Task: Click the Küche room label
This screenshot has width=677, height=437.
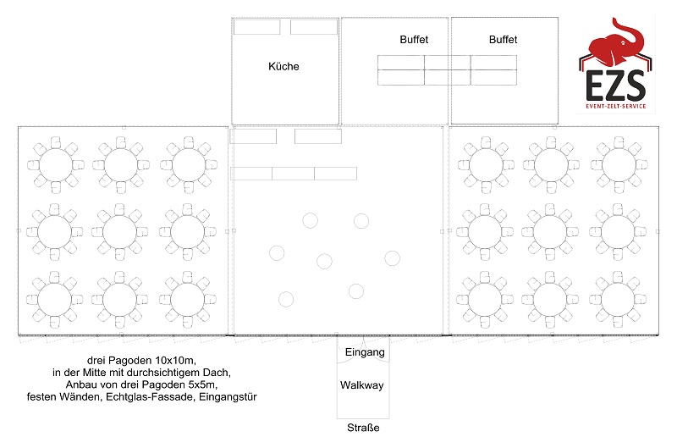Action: pyautogui.click(x=283, y=66)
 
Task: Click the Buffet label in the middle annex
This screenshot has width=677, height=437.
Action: pyautogui.click(x=414, y=39)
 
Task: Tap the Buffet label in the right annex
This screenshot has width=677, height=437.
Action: pyautogui.click(x=503, y=39)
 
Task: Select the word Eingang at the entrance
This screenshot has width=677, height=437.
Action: pyautogui.click(x=365, y=352)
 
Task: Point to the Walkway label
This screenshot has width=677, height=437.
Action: pyautogui.click(x=362, y=385)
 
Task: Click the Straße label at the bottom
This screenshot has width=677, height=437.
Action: pyautogui.click(x=363, y=428)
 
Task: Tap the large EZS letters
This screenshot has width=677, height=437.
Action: pyautogui.click(x=616, y=86)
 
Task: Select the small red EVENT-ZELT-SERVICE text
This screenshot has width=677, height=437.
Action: pyautogui.click(x=616, y=107)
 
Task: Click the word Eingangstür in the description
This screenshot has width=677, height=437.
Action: pyautogui.click(x=228, y=397)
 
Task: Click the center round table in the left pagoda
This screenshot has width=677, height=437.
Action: pyautogui.click(x=119, y=232)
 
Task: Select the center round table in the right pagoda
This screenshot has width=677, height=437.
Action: pyautogui.click(x=549, y=232)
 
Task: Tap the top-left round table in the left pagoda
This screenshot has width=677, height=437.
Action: pyautogui.click(x=55, y=164)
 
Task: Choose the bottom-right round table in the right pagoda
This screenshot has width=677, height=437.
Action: pyautogui.click(x=618, y=299)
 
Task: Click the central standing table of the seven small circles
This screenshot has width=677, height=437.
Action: pyautogui.click(x=324, y=261)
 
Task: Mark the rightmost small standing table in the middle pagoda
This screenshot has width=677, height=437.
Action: pyautogui.click(x=392, y=258)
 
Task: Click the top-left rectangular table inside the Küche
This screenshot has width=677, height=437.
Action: pyautogui.click(x=257, y=27)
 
